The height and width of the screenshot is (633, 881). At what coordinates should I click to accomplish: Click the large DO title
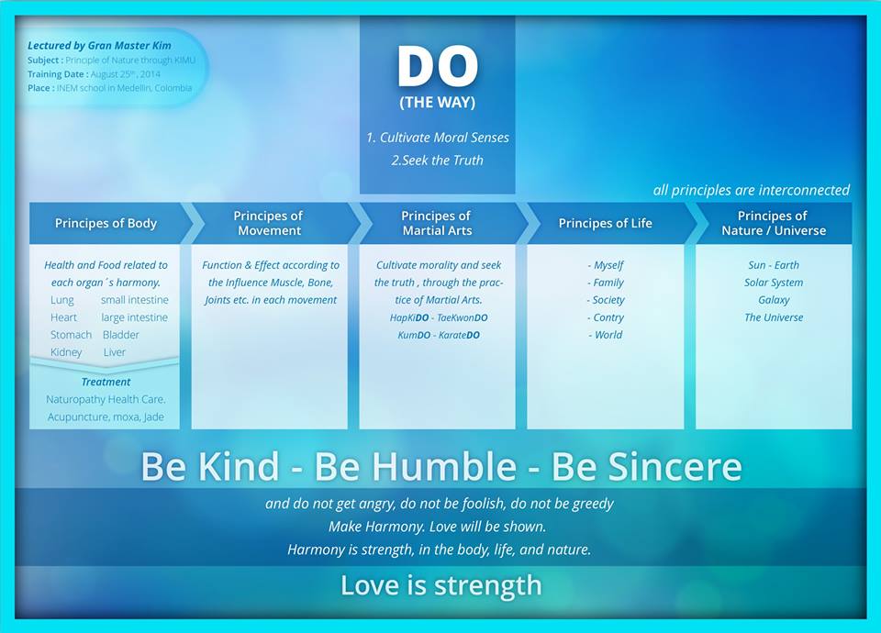(438, 66)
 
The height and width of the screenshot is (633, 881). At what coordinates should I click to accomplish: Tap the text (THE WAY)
(438, 103)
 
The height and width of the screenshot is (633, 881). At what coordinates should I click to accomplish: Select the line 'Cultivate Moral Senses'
(438, 138)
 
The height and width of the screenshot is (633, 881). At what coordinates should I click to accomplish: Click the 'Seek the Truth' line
(437, 161)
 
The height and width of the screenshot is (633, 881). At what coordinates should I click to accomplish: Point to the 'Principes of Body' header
(106, 224)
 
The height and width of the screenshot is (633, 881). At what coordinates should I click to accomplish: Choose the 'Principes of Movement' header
(269, 224)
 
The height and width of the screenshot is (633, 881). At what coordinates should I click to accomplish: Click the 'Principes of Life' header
(605, 224)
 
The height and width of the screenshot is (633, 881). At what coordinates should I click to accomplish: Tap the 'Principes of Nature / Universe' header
(774, 224)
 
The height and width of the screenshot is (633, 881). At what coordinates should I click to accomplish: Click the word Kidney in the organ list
(66, 352)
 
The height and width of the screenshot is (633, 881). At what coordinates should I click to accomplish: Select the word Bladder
(121, 335)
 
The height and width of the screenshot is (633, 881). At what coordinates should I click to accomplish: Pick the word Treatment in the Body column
(106, 382)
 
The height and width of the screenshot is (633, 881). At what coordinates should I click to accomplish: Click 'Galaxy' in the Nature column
(774, 300)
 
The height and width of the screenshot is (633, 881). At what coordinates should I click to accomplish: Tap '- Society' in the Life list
(606, 300)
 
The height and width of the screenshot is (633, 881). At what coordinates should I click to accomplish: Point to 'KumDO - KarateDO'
(439, 336)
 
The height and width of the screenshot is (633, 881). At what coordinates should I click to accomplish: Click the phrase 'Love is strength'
(441, 585)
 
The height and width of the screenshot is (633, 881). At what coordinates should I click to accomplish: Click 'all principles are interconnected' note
(752, 191)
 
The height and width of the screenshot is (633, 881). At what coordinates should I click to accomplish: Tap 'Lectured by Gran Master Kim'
(99, 46)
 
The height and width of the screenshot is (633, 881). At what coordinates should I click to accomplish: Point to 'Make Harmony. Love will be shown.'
(437, 527)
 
